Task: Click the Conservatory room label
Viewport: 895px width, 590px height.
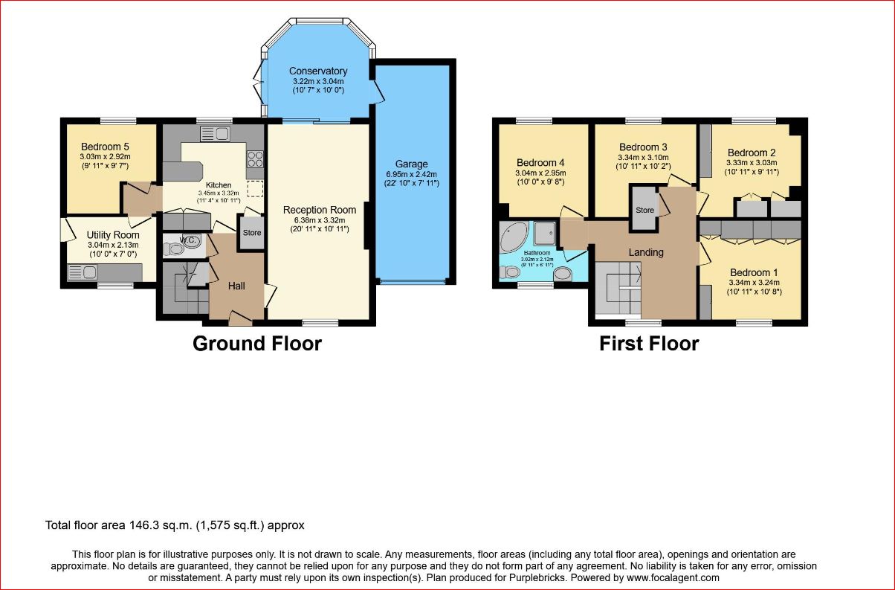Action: [318, 71]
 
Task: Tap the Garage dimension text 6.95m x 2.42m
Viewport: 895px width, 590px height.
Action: [411, 174]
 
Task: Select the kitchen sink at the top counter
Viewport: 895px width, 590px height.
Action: [215, 134]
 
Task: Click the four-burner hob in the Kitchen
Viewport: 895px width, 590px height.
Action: [255, 158]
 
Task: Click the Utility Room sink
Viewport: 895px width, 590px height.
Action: [83, 272]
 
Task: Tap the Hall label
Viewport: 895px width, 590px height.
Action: [236, 286]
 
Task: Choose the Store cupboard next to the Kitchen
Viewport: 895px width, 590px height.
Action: [252, 233]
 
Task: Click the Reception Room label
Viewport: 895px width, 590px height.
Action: [319, 210]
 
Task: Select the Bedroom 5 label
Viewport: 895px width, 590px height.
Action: [105, 147]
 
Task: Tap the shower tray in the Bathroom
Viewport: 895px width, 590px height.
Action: [545, 233]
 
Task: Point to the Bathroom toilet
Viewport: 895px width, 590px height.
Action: [510, 272]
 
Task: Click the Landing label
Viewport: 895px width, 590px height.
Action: [646, 252]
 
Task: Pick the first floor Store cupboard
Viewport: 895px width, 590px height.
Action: [644, 209]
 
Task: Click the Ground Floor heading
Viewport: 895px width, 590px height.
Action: [257, 344]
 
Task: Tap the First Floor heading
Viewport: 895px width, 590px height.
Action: [649, 344]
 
